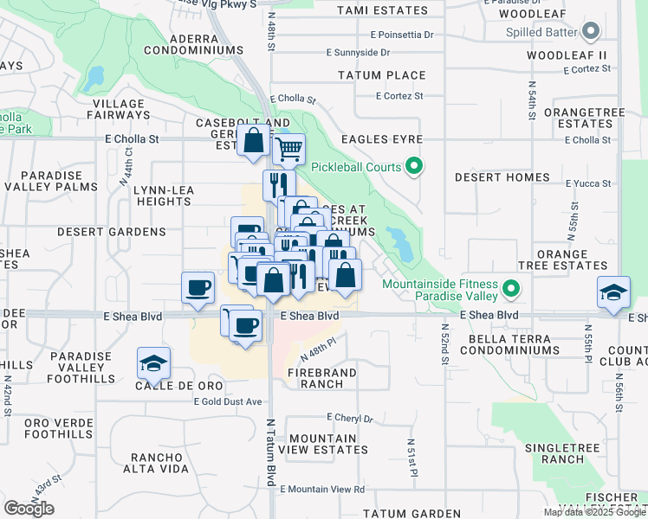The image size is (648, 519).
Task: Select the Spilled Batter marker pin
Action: click(591, 33)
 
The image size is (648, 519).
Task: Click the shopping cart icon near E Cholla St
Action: click(288, 149)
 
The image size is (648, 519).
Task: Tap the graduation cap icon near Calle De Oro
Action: click(153, 363)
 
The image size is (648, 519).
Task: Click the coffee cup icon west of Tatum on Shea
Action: click(198, 288)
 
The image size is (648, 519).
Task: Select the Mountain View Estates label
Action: click(328, 445)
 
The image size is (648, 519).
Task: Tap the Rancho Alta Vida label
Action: click(172, 463)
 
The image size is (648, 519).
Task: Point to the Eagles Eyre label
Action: click(381, 139)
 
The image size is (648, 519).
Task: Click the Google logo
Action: click(29, 509)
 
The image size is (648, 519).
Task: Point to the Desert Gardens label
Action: click(98, 232)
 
